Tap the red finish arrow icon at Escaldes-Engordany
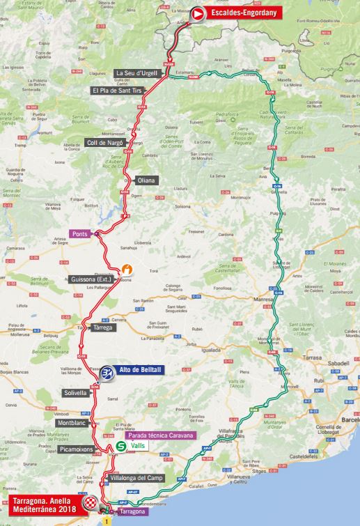coord(198,13)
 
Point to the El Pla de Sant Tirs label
coord(116,91)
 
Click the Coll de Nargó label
coord(104,142)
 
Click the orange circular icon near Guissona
coord(127,270)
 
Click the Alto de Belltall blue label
coord(141,371)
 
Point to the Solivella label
coord(71,393)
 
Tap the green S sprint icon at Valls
coord(121,447)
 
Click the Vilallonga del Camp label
coord(138,479)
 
